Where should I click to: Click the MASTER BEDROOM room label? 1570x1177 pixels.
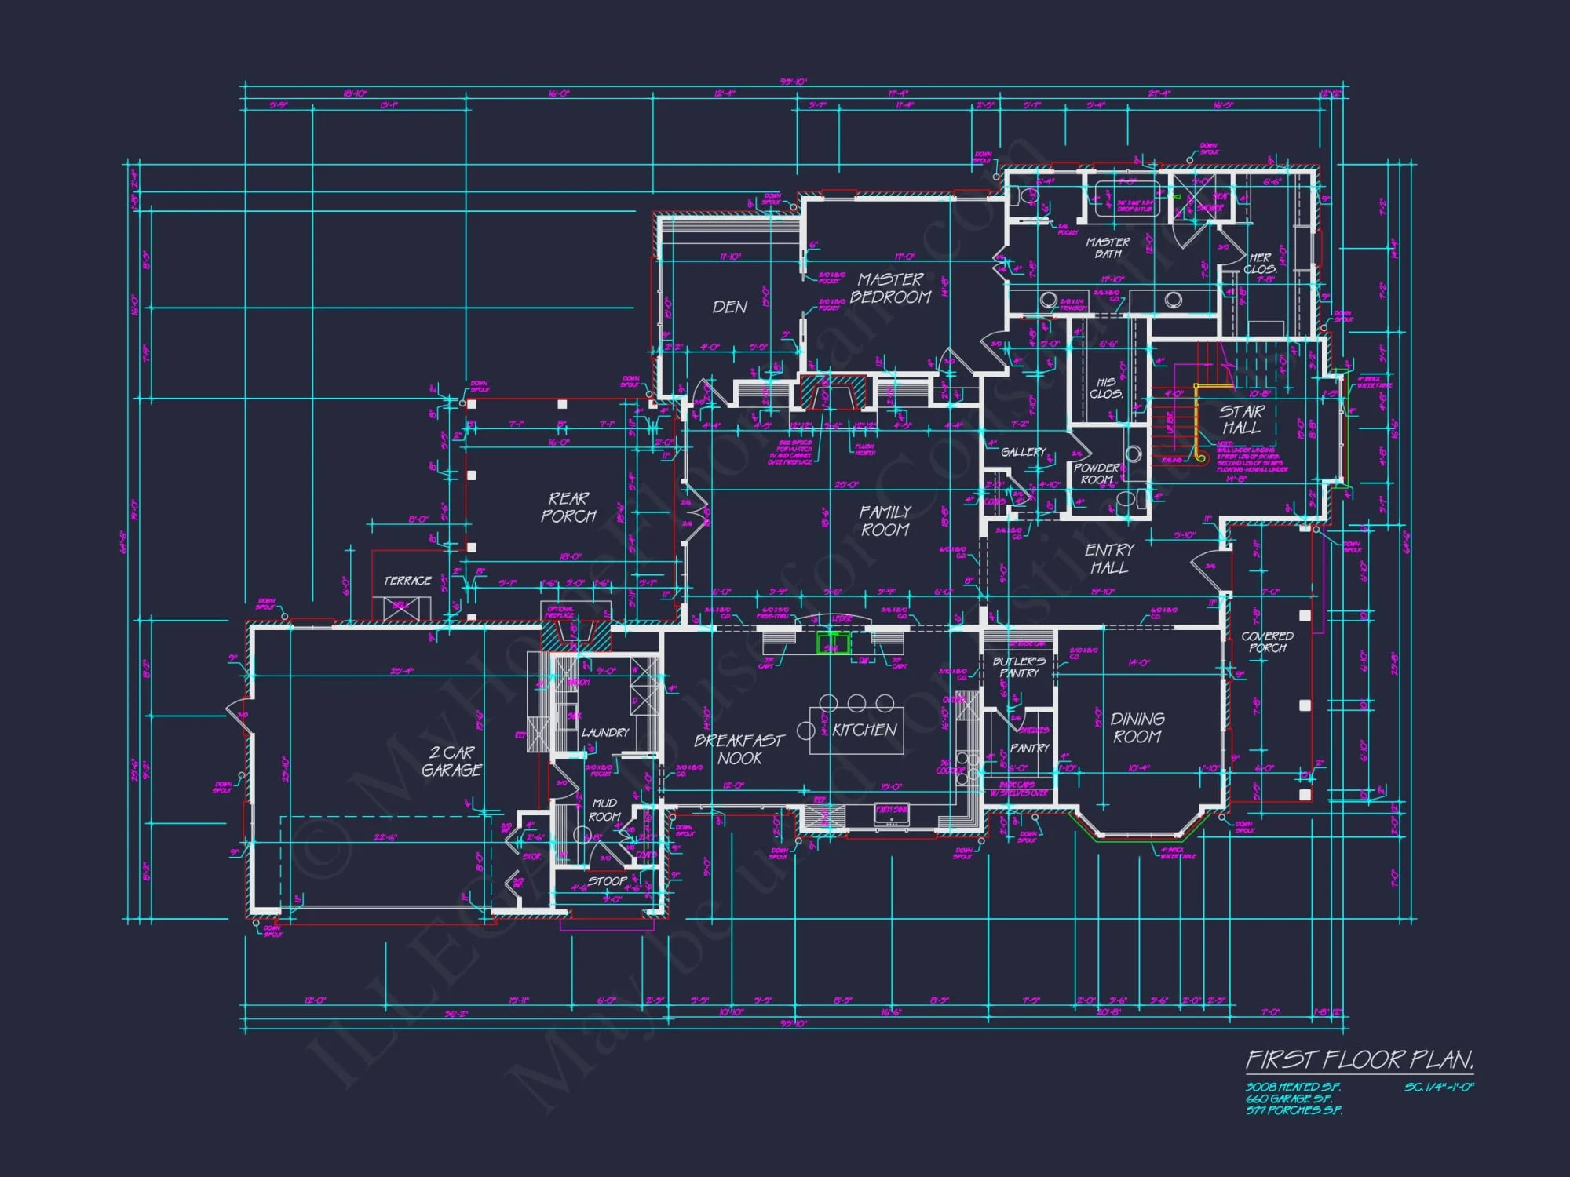pos(890,288)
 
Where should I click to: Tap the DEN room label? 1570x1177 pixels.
pos(729,307)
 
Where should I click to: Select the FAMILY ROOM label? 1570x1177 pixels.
pos(885,521)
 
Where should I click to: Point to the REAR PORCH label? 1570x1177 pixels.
pos(568,508)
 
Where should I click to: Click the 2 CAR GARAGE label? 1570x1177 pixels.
pos(451,761)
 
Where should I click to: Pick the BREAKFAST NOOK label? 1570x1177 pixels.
pos(739,749)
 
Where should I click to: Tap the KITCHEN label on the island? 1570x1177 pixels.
pos(864,730)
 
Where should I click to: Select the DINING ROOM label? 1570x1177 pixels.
pos(1137,727)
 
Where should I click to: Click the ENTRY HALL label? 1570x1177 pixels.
pos(1109,558)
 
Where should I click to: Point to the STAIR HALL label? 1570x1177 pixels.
pos(1242,419)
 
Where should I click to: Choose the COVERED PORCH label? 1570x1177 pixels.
pos(1268,642)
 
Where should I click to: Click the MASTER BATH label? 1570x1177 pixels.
pos(1108,248)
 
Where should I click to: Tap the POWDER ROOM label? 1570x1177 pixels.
pos(1097,473)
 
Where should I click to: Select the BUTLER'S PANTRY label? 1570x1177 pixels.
pos(1019,667)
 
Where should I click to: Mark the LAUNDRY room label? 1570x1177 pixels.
pos(605,732)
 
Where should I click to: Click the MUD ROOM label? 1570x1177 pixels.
pos(604,810)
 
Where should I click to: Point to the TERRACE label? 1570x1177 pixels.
pos(407,581)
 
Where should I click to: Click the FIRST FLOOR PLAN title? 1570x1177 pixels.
pos(1360,1060)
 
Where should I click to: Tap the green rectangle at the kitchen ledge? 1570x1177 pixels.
pos(833,644)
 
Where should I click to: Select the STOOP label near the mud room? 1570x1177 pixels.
pos(608,881)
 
